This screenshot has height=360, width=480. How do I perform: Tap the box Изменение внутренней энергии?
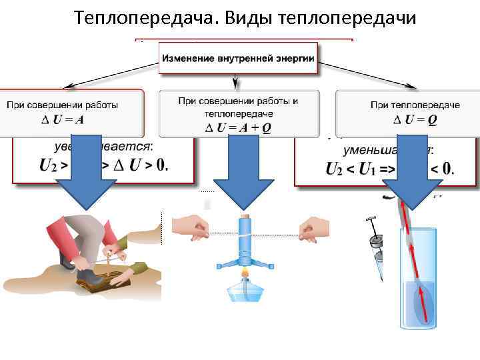[x=237, y=59]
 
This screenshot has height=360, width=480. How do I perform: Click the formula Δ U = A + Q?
[x=237, y=128]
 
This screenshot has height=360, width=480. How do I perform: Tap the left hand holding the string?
[x=193, y=227]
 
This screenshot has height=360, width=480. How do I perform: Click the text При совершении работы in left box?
[x=63, y=105]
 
